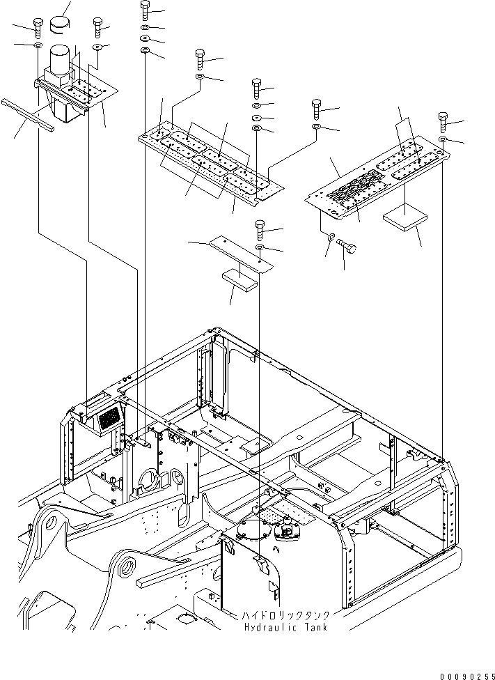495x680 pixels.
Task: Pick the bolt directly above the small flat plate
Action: coord(259,227)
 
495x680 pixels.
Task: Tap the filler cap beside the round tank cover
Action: coord(286,533)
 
